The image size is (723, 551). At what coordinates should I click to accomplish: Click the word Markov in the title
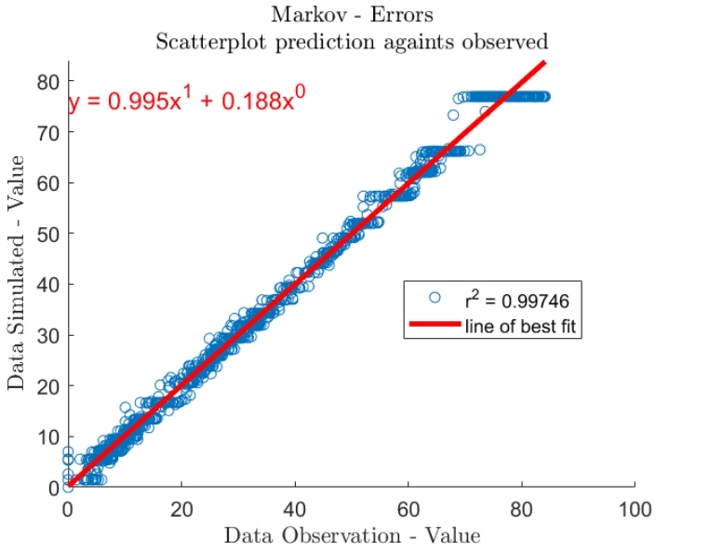point(301,16)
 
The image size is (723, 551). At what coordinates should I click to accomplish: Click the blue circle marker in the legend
point(434,300)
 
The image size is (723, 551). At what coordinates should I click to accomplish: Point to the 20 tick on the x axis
point(181,508)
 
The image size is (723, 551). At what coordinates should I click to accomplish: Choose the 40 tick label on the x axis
point(295,508)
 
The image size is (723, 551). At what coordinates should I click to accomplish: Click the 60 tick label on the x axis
point(408,508)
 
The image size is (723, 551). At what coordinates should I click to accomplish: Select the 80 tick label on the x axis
point(522,508)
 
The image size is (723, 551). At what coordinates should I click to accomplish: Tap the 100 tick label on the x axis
point(635,508)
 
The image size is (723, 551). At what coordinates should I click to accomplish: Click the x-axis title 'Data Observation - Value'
point(352,536)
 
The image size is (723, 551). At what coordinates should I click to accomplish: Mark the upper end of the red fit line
point(544,62)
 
